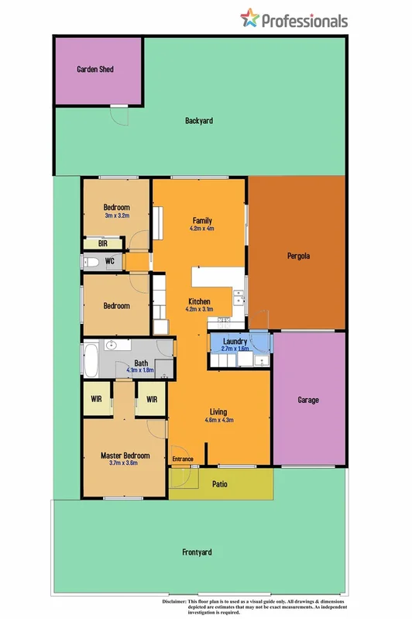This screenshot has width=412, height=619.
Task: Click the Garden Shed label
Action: click(x=95, y=69)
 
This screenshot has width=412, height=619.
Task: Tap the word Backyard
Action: click(x=199, y=121)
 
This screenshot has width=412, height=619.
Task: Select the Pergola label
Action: click(x=298, y=255)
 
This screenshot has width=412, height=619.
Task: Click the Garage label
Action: click(x=308, y=400)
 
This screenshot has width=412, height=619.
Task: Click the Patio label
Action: click(x=219, y=484)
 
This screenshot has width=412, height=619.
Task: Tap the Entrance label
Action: click(x=183, y=459)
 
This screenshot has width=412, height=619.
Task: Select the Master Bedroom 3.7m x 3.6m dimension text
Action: click(x=124, y=463)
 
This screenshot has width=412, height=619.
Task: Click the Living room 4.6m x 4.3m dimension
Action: click(x=219, y=420)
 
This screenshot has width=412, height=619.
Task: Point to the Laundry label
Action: click(x=234, y=341)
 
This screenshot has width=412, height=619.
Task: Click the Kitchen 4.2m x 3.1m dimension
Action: click(x=200, y=309)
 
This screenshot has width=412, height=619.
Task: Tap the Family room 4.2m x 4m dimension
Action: click(x=202, y=229)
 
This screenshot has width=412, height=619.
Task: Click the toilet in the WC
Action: click(x=91, y=262)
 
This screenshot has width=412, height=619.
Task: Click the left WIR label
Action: click(x=97, y=399)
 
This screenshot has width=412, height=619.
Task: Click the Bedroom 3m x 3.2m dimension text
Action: click(x=116, y=215)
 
